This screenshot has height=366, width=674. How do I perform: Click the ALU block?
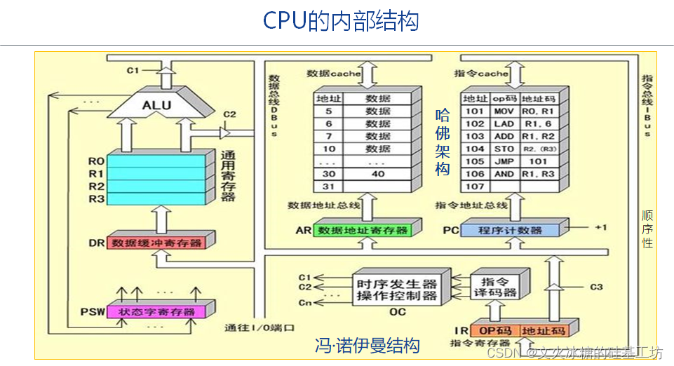(156, 105)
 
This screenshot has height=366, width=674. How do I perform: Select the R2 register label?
(97, 187)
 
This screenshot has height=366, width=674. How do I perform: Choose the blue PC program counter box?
(510, 230)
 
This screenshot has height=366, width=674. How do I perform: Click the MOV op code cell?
(504, 111)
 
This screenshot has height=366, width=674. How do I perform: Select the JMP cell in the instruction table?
(504, 161)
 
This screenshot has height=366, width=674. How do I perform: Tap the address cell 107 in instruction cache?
(475, 187)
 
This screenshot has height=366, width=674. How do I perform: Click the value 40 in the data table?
(378, 173)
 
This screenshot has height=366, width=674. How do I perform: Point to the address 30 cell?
(328, 173)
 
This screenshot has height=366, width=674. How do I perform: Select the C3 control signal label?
(596, 286)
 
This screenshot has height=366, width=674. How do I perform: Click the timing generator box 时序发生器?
(396, 284)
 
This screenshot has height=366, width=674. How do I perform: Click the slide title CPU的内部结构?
(341, 21)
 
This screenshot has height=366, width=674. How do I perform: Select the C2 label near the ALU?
(229, 114)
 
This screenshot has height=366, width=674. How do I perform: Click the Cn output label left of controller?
(304, 302)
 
